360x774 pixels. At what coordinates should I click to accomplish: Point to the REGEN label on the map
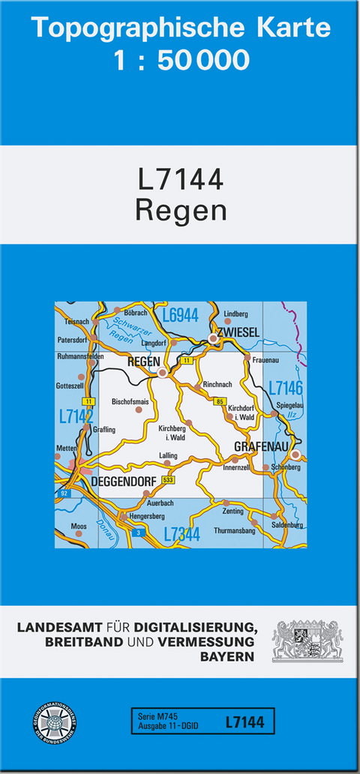(144, 362)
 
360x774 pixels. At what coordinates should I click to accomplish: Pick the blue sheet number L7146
(285, 388)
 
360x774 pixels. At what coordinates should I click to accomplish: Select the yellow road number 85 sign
(220, 403)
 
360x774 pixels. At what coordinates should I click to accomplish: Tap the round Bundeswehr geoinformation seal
(54, 724)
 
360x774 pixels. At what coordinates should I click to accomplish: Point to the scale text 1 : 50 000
(181, 60)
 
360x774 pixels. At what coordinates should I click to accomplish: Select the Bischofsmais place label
(130, 402)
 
